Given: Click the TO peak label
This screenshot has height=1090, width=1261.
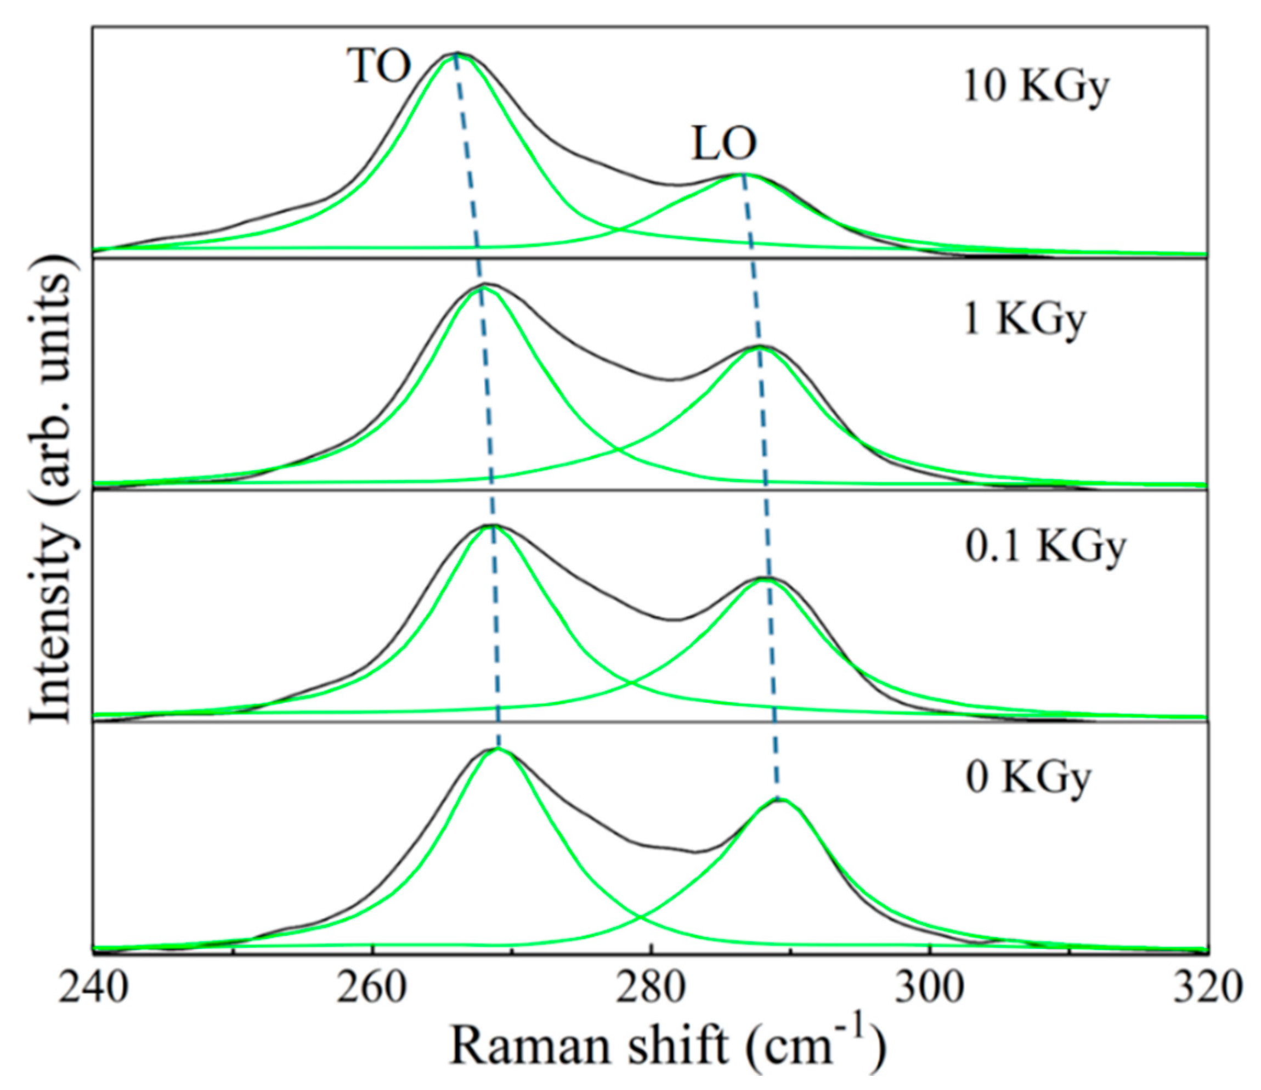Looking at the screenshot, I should pos(378,66).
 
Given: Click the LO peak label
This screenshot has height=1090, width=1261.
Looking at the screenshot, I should pos(723,144).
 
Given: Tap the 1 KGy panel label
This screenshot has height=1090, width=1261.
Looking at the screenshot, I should pos(1024,319).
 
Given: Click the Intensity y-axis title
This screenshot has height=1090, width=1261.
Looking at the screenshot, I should pos(52,490).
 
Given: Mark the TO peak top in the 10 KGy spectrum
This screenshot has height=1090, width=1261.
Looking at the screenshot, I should pos(456,54).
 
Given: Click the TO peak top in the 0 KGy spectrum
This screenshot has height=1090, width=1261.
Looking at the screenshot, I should pos(498,749).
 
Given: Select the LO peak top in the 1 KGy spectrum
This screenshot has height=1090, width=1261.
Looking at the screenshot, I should pos(760,346).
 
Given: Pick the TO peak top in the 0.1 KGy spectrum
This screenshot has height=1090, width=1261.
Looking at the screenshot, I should pos(492,524).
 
